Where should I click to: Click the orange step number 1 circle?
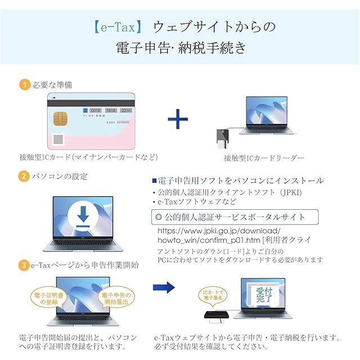[x=24, y=85]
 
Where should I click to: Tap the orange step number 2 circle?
[x=24, y=176]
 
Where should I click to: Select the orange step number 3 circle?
[x=24, y=264]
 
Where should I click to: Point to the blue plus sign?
[x=178, y=120]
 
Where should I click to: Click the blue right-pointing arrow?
[x=164, y=287]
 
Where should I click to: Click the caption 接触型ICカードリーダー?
[x=264, y=158]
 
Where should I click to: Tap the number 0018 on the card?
[x=94, y=111]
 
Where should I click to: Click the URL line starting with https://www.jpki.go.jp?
[x=218, y=231]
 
